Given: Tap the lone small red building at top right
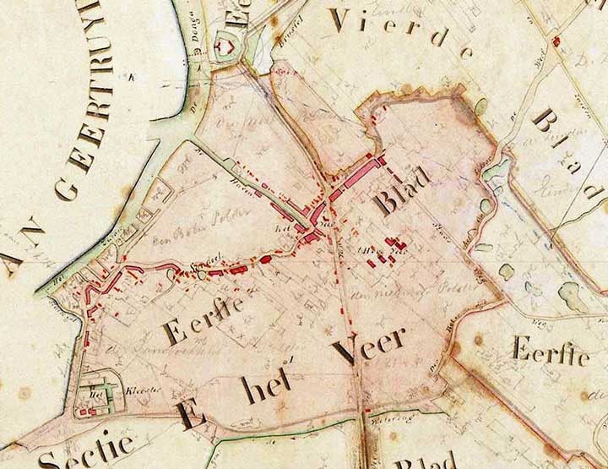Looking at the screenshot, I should [x=556, y=41].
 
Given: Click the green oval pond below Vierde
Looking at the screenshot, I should [x=480, y=106].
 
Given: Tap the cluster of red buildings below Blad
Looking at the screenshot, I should [x=384, y=252].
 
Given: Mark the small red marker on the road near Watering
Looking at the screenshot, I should [x=365, y=412].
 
